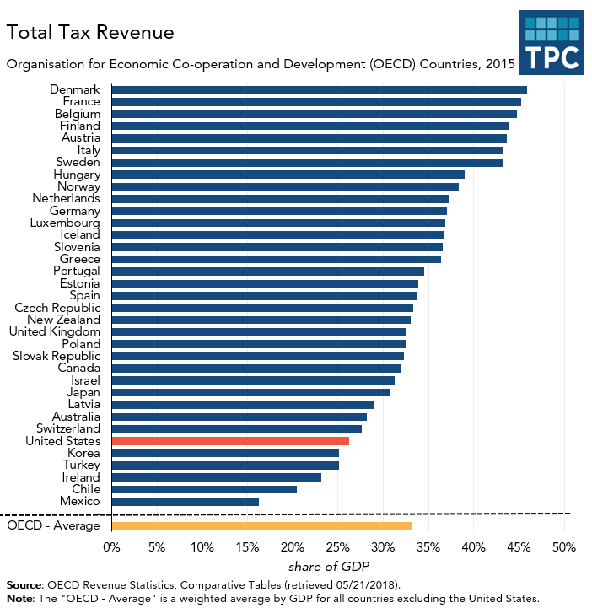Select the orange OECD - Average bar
[x=261, y=526]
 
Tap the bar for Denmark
[x=319, y=89]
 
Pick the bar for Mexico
[x=185, y=502]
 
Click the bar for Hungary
[x=288, y=175]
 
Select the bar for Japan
[x=250, y=392]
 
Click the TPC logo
[x=552, y=43]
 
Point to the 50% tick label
[x=563, y=547]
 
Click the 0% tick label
[x=111, y=547]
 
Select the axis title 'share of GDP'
[x=329, y=566]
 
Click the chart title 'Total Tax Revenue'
[x=91, y=33]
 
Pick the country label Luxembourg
[x=64, y=223]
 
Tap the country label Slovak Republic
[x=56, y=356]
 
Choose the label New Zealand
[x=63, y=320]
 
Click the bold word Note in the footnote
[x=20, y=599]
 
